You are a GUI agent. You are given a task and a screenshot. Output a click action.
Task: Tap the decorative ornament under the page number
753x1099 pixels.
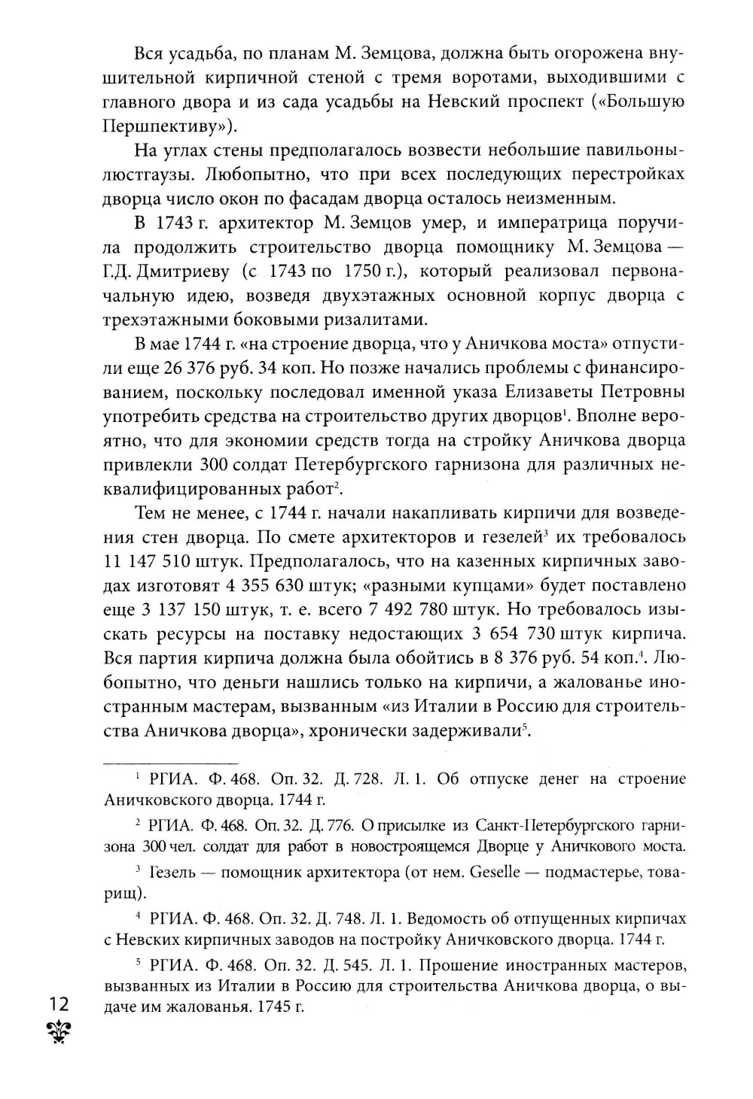click(58, 1032)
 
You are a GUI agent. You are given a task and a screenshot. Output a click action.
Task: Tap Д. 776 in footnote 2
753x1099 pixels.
click(325, 825)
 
